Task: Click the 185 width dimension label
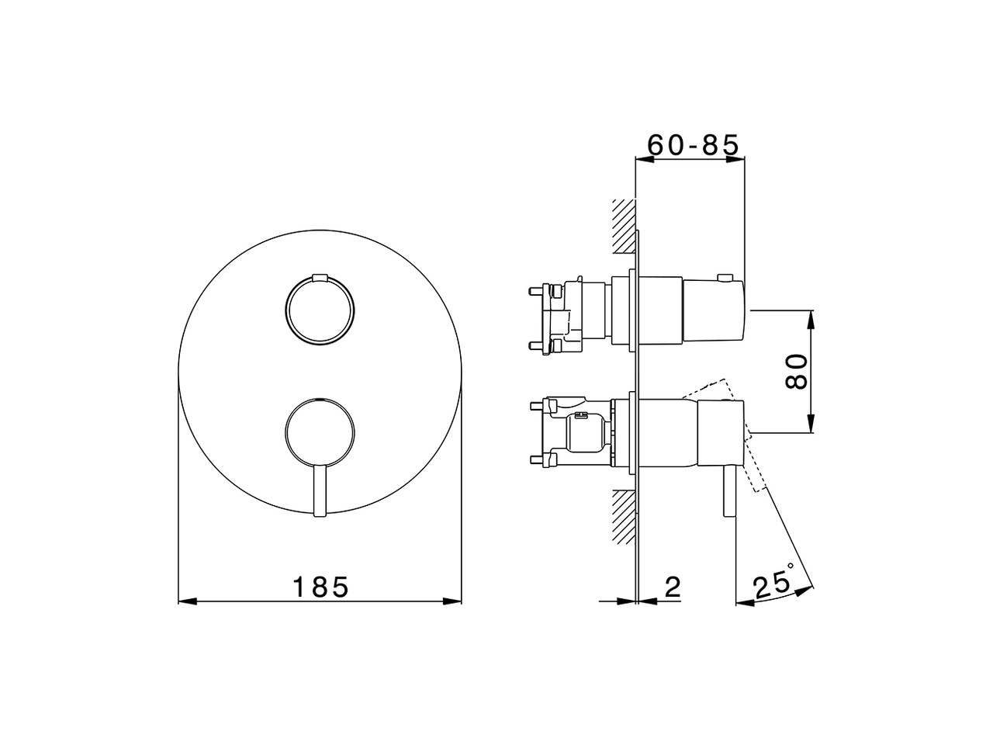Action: click(320, 587)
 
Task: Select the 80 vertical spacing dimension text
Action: click(797, 372)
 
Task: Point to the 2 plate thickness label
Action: click(672, 587)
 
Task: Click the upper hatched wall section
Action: click(624, 226)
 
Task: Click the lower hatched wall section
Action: click(624, 516)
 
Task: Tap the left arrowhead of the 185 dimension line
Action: click(186, 601)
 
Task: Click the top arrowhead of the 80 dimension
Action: click(811, 318)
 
